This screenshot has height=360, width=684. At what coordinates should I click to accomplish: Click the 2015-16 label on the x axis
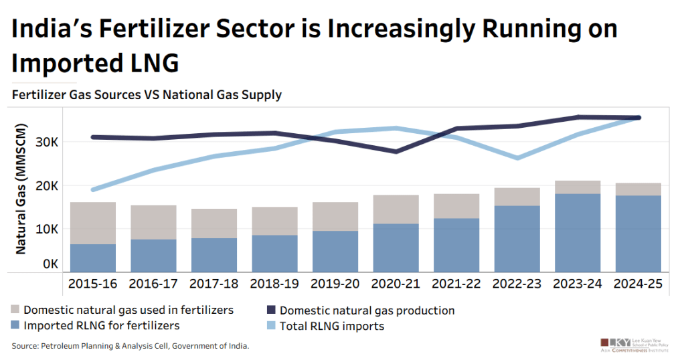tap(92, 284)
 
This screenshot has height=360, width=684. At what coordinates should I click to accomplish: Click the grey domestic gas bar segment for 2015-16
tap(92, 223)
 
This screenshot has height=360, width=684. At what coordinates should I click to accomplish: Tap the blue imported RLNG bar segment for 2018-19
tap(274, 253)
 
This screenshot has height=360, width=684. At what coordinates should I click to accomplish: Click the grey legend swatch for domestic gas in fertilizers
tap(15, 310)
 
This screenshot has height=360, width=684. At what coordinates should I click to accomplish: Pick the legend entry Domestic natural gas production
tap(367, 310)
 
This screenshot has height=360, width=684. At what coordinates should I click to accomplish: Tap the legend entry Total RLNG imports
tap(332, 327)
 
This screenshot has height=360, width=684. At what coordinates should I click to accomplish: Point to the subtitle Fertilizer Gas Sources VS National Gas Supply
tap(147, 95)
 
